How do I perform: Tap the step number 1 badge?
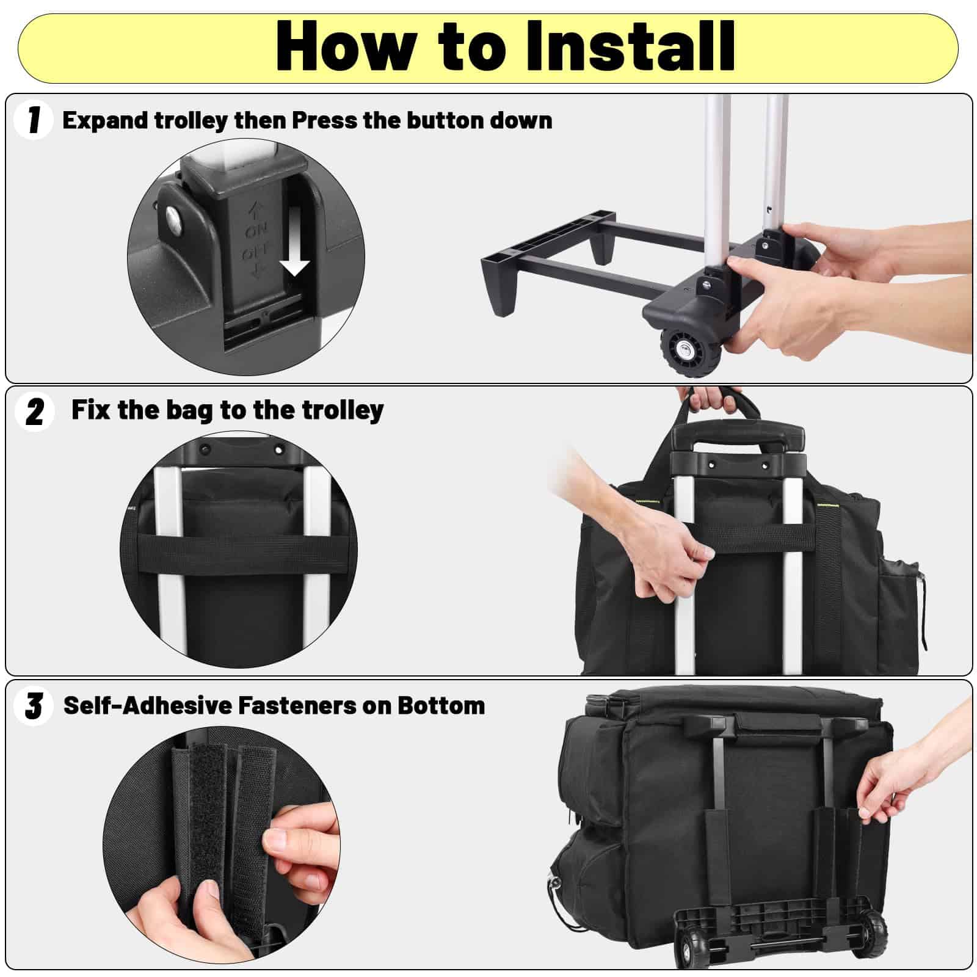pos(34,120)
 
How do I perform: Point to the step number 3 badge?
pos(34,705)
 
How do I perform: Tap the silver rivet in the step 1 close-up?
pos(175,219)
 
